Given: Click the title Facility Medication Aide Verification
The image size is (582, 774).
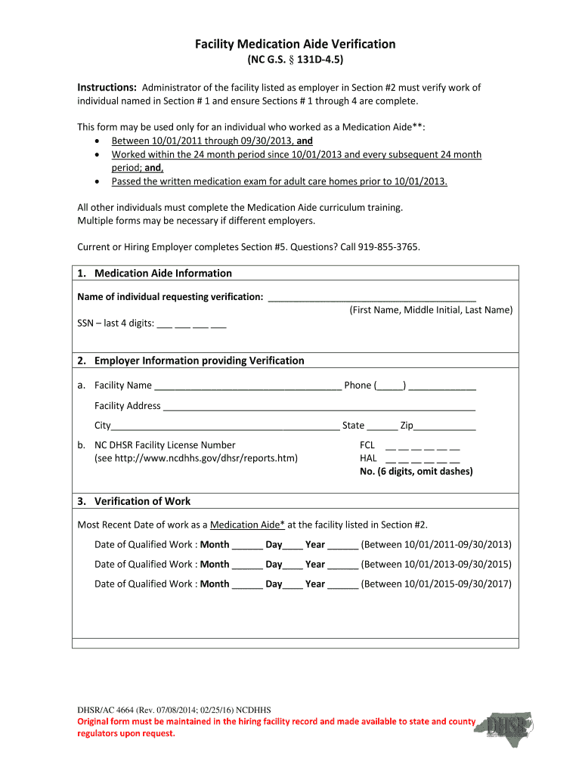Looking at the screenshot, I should tap(295, 45).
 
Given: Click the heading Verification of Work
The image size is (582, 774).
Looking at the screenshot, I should tap(142, 501).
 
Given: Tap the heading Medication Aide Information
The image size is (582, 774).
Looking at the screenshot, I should tap(163, 273).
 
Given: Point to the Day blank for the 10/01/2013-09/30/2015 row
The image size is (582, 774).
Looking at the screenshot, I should tap(293, 565).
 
